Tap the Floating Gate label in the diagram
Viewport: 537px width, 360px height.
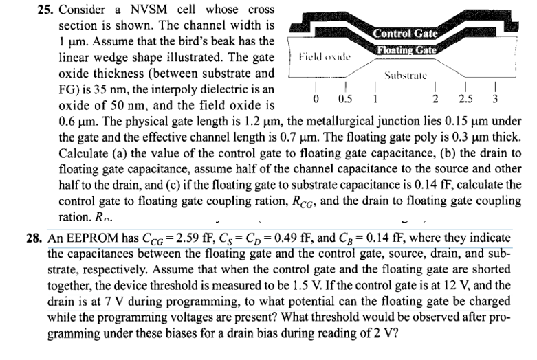[x=405, y=49]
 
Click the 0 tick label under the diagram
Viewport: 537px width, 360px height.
[x=315, y=97]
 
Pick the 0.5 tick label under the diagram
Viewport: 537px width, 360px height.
[x=340, y=97]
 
